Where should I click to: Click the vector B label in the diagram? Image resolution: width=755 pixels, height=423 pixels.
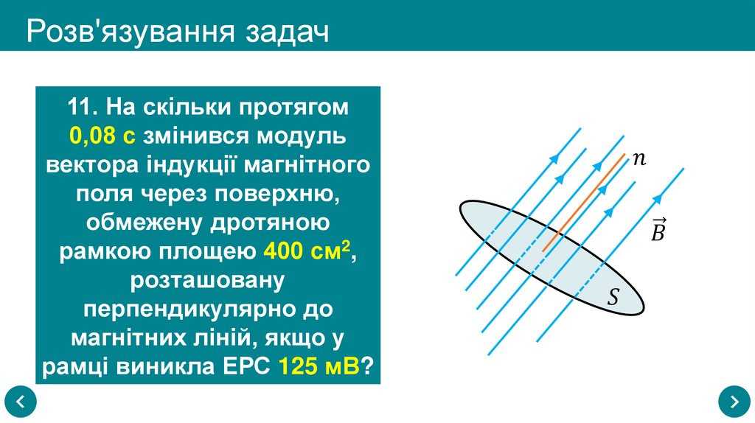658,231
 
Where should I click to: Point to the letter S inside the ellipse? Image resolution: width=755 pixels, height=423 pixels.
613,298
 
